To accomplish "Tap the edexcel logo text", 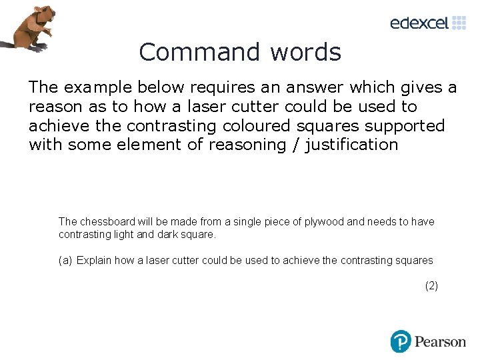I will [x=419, y=23].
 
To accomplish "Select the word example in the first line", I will [x=96, y=87].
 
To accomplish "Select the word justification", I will [x=351, y=145].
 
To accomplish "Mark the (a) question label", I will [x=65, y=261].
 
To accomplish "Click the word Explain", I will [x=93, y=261].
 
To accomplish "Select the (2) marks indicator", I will [x=431, y=286].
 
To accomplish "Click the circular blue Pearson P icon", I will [x=400, y=341].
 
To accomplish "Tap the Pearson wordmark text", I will [x=440, y=342].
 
